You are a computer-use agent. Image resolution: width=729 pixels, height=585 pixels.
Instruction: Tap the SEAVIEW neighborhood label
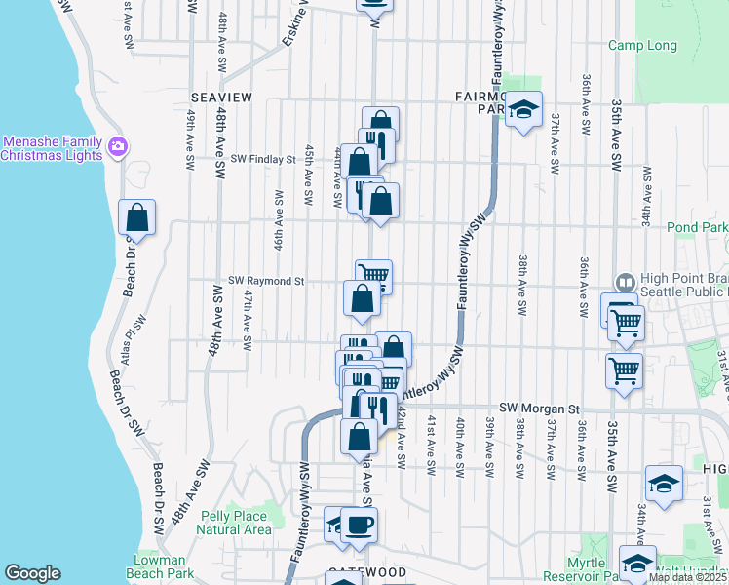221,97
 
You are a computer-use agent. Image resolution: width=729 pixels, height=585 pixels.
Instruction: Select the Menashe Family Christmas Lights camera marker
119,147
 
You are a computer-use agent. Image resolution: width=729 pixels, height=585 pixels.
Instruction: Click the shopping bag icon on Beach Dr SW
136,216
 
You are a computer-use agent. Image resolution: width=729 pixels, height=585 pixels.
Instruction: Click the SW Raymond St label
266,281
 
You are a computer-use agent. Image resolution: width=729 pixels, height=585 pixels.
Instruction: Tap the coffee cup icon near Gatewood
359,525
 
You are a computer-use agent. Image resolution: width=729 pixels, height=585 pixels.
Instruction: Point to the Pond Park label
698,227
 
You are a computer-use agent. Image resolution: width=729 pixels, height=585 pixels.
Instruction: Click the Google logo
32,573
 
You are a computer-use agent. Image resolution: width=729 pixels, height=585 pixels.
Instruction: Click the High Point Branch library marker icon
624,281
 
